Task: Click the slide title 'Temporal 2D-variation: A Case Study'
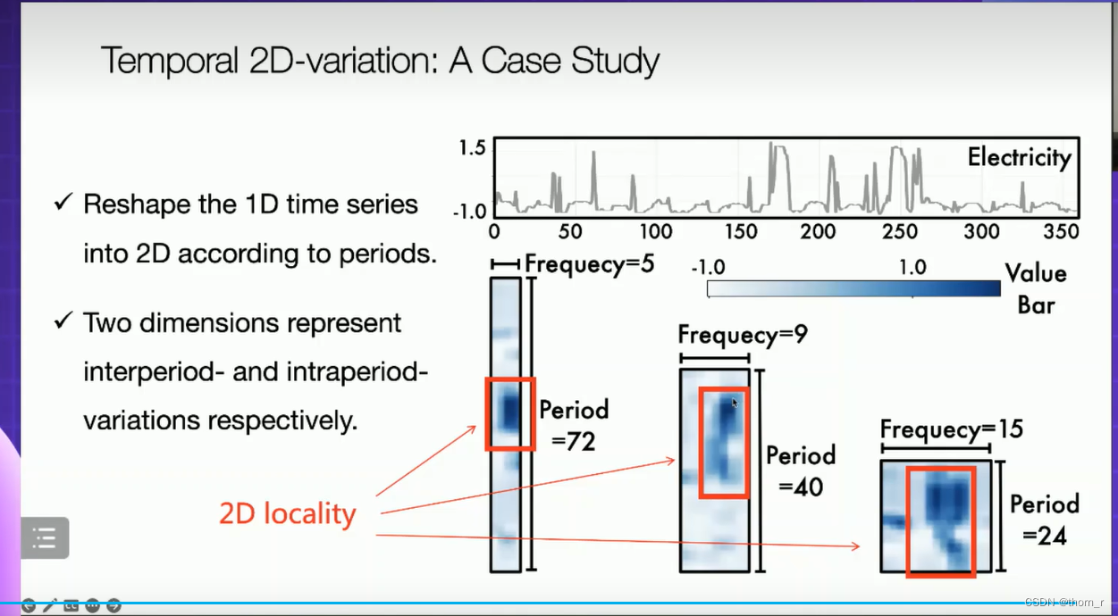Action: (380, 61)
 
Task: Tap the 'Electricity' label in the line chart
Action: (1019, 158)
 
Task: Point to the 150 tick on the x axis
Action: (741, 232)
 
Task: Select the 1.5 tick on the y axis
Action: (472, 148)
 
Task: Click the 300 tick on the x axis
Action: (981, 232)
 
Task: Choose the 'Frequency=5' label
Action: (589, 263)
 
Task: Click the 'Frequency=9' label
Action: (742, 334)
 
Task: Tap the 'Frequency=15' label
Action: (951, 429)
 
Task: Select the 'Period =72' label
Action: (574, 426)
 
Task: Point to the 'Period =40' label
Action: (801, 470)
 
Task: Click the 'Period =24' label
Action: (1044, 520)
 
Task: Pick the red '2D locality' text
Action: (288, 513)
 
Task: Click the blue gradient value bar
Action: (853, 288)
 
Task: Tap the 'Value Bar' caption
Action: (1036, 289)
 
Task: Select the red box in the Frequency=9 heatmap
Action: (701, 443)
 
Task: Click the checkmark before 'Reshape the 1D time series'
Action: (63, 202)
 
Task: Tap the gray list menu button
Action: (45, 538)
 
